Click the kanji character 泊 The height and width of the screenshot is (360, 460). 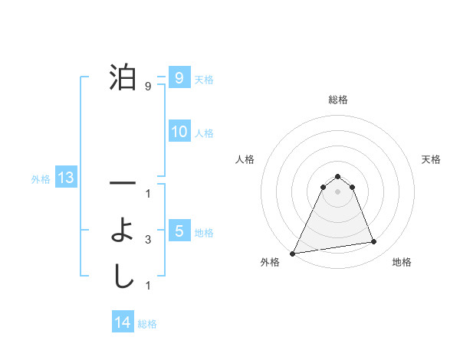[123, 79]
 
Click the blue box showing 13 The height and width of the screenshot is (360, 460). [65, 178]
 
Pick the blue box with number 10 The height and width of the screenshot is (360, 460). [179, 132]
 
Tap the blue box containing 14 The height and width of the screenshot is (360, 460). [122, 323]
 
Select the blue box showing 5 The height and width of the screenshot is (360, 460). [179, 231]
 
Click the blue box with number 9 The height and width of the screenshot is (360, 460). [179, 78]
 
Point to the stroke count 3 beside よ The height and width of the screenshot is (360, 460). [148, 240]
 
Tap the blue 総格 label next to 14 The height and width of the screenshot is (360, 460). [147, 324]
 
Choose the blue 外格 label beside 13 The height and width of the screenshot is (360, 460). [41, 179]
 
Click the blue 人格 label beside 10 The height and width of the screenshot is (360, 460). [204, 133]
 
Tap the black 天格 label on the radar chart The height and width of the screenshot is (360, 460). [432, 159]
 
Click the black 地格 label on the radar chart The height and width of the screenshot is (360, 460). [402, 262]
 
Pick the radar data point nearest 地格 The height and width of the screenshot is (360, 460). [374, 242]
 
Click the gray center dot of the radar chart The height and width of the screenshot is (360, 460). [337, 191]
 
